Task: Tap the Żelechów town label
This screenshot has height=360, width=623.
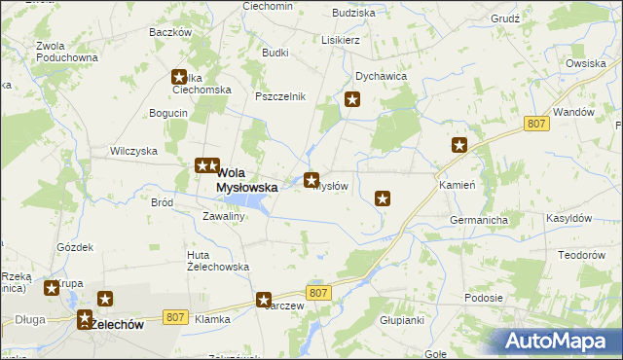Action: (x=115, y=325)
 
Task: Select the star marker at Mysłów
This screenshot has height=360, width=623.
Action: (x=311, y=180)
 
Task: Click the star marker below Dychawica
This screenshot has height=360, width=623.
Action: (x=353, y=98)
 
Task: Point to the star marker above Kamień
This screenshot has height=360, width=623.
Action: (x=459, y=145)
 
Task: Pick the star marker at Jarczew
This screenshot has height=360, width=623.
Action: (x=263, y=301)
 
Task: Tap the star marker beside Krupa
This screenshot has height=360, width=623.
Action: (x=52, y=288)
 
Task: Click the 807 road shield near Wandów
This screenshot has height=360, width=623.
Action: (x=535, y=124)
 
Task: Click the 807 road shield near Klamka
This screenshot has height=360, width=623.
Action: (x=175, y=316)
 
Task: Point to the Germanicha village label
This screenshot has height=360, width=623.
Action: (x=479, y=221)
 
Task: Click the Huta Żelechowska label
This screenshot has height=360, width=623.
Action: (x=218, y=260)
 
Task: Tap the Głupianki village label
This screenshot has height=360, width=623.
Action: (x=401, y=320)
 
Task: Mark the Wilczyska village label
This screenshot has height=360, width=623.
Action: (x=133, y=152)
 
